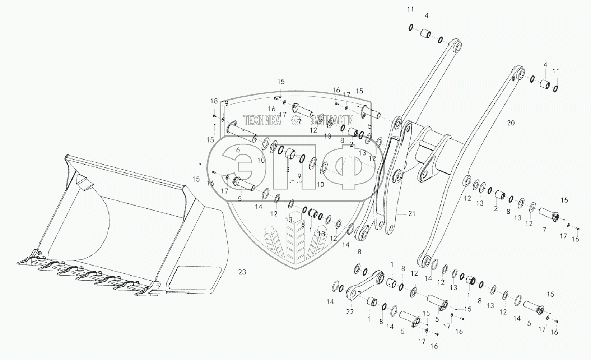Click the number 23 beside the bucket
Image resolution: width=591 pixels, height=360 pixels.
click(242, 272)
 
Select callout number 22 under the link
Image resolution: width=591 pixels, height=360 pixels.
click(350, 311)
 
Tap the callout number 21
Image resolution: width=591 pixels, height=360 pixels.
click(411, 213)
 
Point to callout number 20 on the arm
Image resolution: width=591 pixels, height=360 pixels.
click(511, 123)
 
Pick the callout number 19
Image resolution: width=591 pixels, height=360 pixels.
click(225, 104)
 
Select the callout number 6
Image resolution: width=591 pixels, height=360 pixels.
click(238, 150)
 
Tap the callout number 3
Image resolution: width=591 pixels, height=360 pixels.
click(287, 169)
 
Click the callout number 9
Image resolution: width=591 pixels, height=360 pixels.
click(299, 176)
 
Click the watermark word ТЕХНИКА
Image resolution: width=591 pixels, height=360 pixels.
click(262, 121)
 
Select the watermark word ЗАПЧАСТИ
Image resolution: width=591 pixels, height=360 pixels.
click(332, 121)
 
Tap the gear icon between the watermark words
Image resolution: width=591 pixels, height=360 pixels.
click(297, 121)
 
